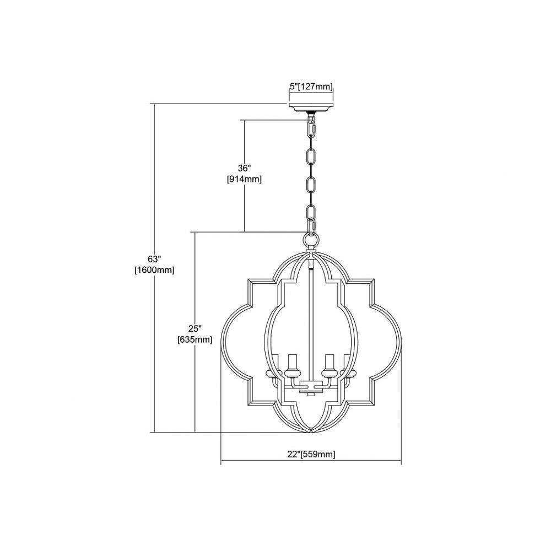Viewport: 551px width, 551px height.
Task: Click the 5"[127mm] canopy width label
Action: pyautogui.click(x=311, y=87)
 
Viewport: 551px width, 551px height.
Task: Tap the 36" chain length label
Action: pyautogui.click(x=244, y=168)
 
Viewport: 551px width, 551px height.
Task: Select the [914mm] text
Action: pyautogui.click(x=244, y=180)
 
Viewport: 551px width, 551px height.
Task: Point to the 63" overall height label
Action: pyautogui.click(x=154, y=260)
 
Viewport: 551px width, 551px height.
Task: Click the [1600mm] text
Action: pyautogui.click(x=154, y=271)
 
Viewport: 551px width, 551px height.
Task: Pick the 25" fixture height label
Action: pyautogui.click(x=195, y=328)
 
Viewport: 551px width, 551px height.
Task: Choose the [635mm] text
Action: pyautogui.click(x=195, y=340)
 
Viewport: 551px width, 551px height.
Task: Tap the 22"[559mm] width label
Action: pyautogui.click(x=311, y=454)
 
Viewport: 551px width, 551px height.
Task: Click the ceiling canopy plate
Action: pyautogui.click(x=311, y=107)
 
